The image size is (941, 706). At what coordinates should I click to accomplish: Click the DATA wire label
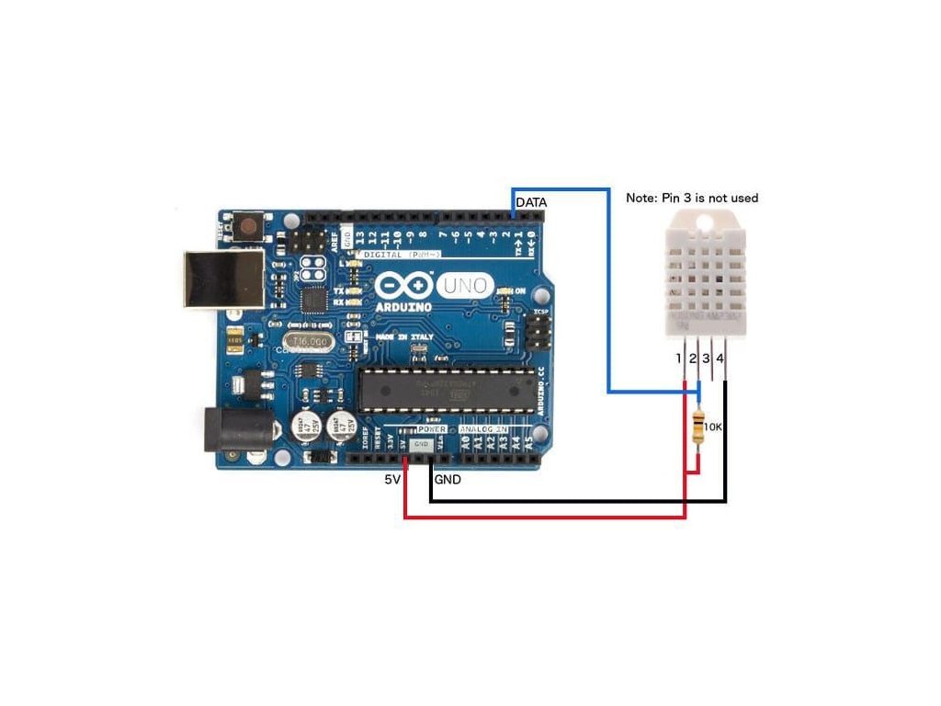(532, 201)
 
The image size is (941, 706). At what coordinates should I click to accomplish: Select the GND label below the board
(448, 479)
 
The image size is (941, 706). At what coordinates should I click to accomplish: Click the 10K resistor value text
(715, 427)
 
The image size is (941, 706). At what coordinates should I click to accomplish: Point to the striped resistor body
(699, 428)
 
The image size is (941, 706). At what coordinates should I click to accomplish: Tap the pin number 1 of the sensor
(678, 358)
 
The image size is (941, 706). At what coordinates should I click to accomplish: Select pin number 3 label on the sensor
(706, 358)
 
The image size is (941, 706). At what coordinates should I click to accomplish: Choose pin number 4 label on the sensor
(720, 358)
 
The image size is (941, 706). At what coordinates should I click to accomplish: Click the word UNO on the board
(466, 285)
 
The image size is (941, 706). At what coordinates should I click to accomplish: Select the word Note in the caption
(641, 198)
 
